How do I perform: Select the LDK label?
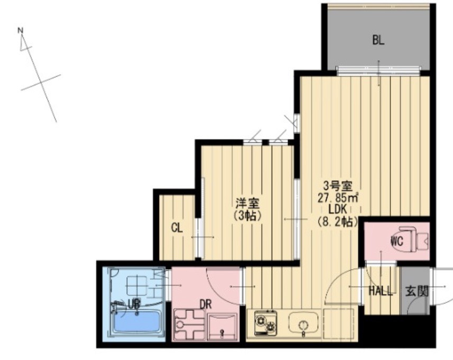click(337, 210)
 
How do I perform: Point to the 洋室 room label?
click(247, 204)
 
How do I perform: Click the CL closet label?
click(177, 228)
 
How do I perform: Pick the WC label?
click(397, 241)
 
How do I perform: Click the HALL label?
click(381, 291)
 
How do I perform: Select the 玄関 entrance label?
click(417, 291)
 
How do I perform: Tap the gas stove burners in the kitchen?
click(266, 322)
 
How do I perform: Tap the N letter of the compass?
click(20, 30)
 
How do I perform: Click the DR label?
click(206, 304)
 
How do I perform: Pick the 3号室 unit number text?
click(338, 186)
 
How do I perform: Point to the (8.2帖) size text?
click(337, 221)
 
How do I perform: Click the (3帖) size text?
click(247, 216)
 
